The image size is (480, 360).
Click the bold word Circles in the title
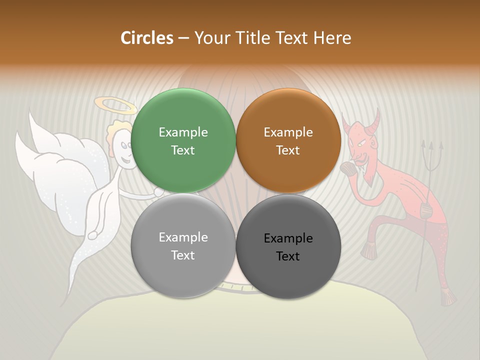click(147, 37)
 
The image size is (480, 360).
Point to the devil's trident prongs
click(430, 150)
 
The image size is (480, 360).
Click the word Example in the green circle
click(183, 132)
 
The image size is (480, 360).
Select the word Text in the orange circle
click(288, 150)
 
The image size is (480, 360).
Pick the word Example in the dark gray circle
click(288, 238)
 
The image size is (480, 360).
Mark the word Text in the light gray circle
click(183, 255)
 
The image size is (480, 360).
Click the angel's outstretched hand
click(159, 192)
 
